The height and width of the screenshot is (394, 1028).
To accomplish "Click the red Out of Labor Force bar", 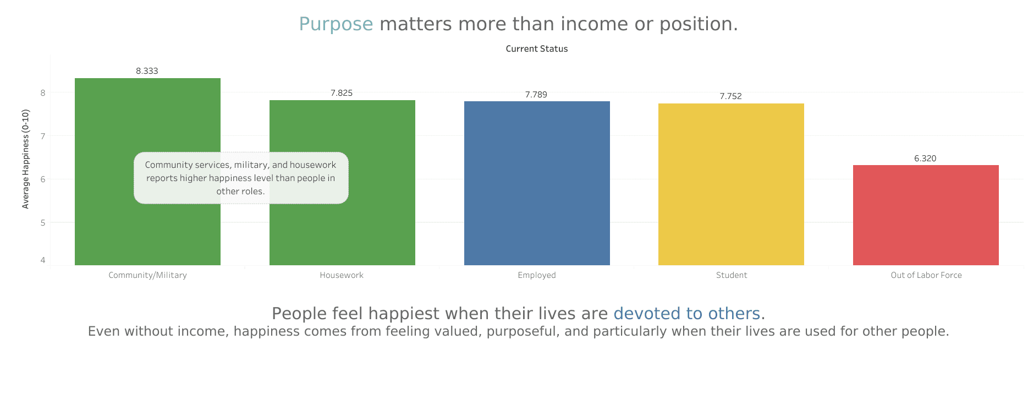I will [926, 215].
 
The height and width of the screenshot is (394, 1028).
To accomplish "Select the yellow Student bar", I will [731, 184].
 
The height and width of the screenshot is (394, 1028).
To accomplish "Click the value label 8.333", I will [147, 71].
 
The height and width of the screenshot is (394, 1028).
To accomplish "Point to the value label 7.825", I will [342, 93].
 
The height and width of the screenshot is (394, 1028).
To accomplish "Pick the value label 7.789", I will [536, 95].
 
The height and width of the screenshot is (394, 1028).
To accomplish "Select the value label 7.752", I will [730, 96].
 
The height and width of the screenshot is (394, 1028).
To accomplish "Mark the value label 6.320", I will [925, 158].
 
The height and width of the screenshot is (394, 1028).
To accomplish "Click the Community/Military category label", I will [147, 275].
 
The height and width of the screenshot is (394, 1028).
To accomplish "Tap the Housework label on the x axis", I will [342, 275].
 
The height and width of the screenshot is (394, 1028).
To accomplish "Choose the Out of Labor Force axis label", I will [926, 275].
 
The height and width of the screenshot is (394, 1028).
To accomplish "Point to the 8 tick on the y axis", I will [43, 93].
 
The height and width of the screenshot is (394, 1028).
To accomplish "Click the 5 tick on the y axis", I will [43, 223].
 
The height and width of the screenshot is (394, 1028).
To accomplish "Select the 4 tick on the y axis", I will [43, 260].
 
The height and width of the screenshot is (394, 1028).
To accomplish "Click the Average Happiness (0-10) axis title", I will [25, 159].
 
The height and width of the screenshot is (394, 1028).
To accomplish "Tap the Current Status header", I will [536, 49].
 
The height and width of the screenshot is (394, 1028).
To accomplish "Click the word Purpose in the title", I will [336, 24].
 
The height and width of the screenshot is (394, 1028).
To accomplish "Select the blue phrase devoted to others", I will [686, 314].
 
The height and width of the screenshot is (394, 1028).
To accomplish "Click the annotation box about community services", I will [241, 178].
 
